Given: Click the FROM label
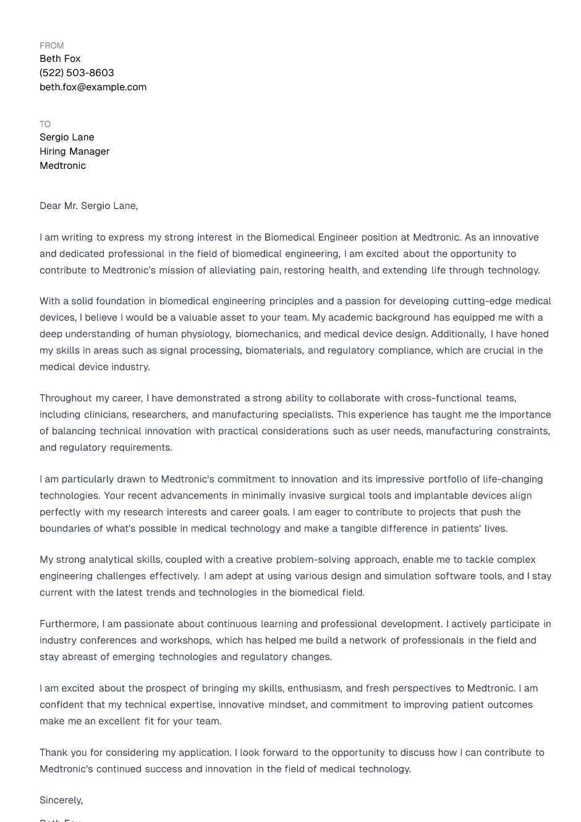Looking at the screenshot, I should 51,46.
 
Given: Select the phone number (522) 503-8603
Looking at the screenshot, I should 77,73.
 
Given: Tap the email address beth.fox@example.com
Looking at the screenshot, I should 93,87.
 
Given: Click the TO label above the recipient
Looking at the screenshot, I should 45,124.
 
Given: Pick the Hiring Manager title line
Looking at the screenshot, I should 74,152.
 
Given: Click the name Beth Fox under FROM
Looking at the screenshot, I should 60,59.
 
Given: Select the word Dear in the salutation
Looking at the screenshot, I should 50,206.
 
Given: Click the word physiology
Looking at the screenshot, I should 206,334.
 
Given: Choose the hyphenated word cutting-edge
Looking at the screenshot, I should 481,301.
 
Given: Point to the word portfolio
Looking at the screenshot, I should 452,479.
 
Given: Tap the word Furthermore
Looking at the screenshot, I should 69,624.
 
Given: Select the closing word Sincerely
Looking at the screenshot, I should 61,800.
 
